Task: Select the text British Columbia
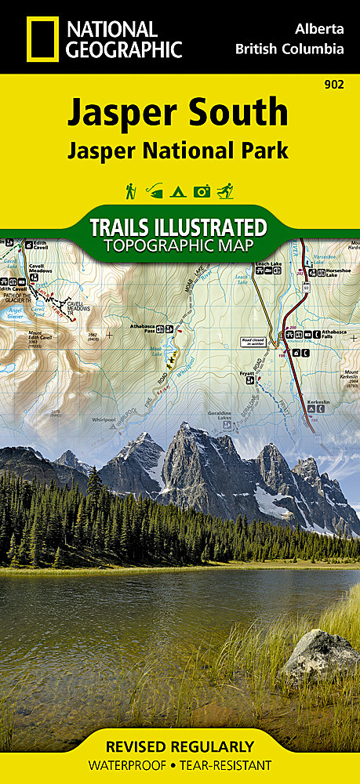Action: coord(289,49)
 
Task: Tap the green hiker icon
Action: coord(130,191)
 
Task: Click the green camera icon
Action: coord(202,191)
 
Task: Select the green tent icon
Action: coord(179,191)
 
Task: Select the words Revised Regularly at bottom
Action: coord(180,746)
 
